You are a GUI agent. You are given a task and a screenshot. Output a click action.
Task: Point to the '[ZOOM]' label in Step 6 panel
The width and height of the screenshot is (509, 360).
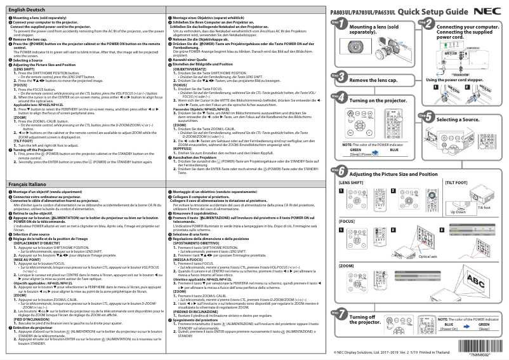(x=347, y=265)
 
